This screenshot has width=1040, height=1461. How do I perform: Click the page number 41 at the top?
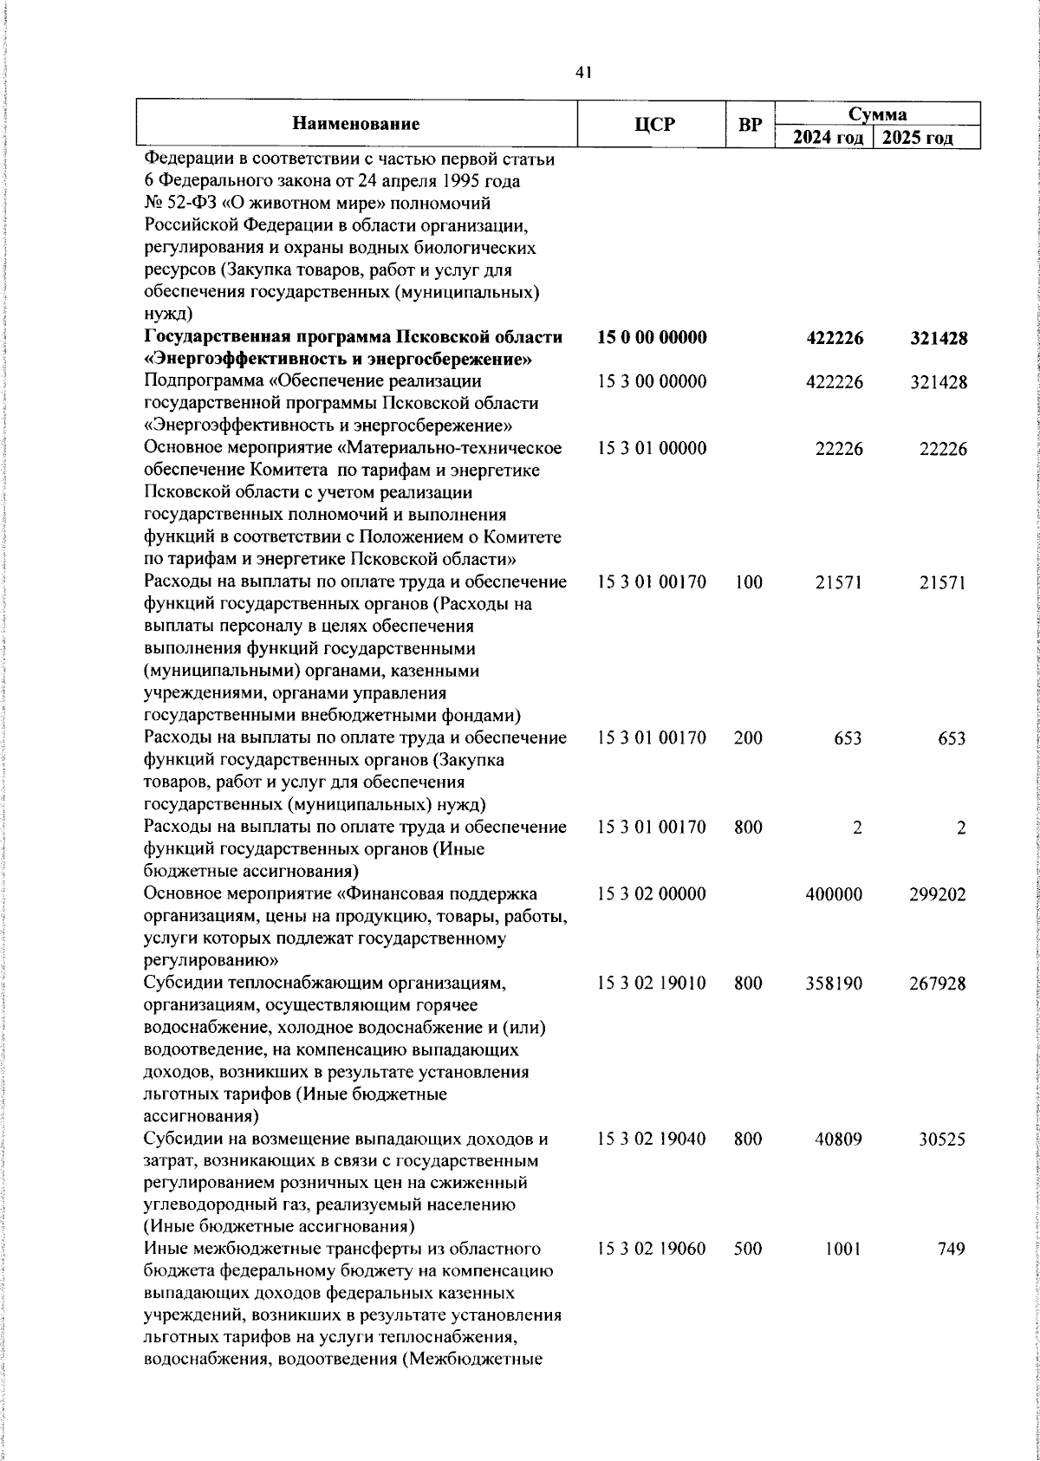point(582,74)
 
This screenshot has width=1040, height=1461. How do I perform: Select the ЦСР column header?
point(653,125)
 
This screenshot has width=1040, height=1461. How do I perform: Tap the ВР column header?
point(749,125)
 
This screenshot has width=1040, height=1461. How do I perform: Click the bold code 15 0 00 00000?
point(652,338)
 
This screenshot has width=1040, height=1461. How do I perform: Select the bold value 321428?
point(938,338)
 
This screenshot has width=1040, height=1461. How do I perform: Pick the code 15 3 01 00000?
point(652,448)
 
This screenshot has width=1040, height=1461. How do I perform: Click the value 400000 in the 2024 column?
point(834,894)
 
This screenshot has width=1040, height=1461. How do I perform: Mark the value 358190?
point(834,984)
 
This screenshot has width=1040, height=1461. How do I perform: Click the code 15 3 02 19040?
point(652,1140)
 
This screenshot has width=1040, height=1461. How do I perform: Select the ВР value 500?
point(748,1250)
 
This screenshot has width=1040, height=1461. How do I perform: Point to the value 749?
point(952,1250)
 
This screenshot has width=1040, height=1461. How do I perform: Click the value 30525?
point(941,1140)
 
